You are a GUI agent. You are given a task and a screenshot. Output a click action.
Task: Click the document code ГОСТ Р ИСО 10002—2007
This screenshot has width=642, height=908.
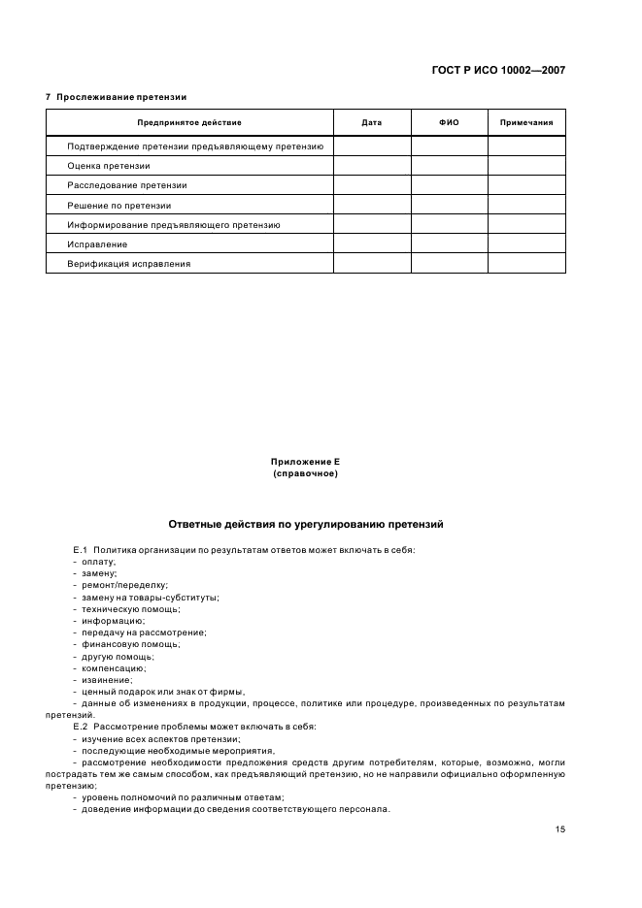pyautogui.click(x=497, y=70)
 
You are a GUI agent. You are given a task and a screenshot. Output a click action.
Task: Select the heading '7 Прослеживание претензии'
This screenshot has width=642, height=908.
pyautogui.click(x=117, y=97)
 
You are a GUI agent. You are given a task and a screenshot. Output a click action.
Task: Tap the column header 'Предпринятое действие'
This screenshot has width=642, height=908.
pyautogui.click(x=189, y=123)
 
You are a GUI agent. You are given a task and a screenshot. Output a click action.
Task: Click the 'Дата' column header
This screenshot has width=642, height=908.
pyautogui.click(x=371, y=123)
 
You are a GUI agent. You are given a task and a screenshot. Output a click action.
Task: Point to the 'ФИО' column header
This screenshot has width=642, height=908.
pyautogui.click(x=449, y=123)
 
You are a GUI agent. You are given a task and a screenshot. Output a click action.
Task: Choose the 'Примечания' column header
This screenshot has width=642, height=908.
pyautogui.click(x=526, y=123)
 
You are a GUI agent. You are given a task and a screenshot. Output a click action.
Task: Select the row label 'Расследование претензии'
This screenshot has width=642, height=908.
pyautogui.click(x=127, y=185)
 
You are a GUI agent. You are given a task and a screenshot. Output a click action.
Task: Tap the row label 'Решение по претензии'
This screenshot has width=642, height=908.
pyautogui.click(x=118, y=205)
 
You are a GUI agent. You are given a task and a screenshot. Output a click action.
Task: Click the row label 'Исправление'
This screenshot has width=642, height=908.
pyautogui.click(x=97, y=243)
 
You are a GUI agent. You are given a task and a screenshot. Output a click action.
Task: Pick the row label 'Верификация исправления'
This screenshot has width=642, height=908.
pyautogui.click(x=129, y=263)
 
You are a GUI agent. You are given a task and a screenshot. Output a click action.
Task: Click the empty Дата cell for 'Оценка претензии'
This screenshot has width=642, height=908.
pyautogui.click(x=371, y=166)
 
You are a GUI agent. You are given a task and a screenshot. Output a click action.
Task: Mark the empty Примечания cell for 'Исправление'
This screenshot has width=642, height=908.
pyautogui.click(x=526, y=243)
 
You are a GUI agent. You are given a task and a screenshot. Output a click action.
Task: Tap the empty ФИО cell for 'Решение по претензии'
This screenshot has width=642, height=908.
pyautogui.click(x=449, y=205)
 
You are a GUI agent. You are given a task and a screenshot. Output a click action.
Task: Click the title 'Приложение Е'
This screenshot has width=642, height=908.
pyautogui.click(x=306, y=462)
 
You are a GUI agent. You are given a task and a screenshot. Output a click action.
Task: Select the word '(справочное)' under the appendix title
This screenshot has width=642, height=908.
pyautogui.click(x=306, y=473)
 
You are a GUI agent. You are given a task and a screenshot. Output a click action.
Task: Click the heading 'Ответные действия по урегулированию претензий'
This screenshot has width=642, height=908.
pyautogui.click(x=306, y=524)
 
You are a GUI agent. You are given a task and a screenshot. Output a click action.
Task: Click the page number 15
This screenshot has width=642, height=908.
pyautogui.click(x=560, y=829)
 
